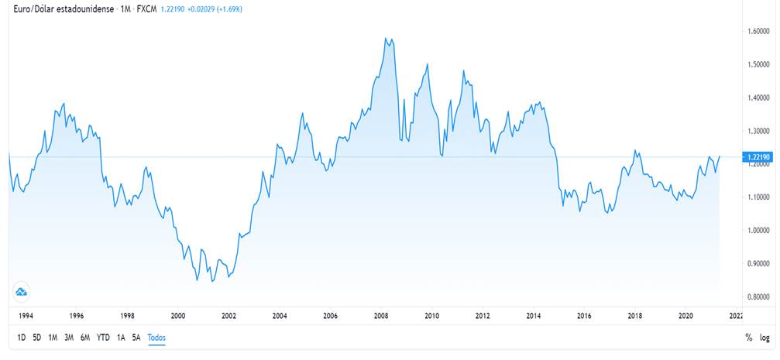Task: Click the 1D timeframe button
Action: (22, 338)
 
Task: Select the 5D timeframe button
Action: (37, 338)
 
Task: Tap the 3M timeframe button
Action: (69, 338)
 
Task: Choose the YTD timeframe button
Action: (103, 338)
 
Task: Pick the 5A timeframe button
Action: (136, 338)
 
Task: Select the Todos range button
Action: (156, 338)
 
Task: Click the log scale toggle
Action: (765, 338)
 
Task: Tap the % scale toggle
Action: (748, 338)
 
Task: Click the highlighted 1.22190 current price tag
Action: (757, 157)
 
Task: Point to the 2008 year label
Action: (380, 316)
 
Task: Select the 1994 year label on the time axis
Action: (26, 316)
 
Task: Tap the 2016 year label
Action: (584, 316)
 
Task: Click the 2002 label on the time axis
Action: (229, 316)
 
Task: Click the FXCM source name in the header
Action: (146, 9)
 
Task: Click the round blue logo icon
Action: (22, 292)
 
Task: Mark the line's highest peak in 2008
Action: (386, 37)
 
